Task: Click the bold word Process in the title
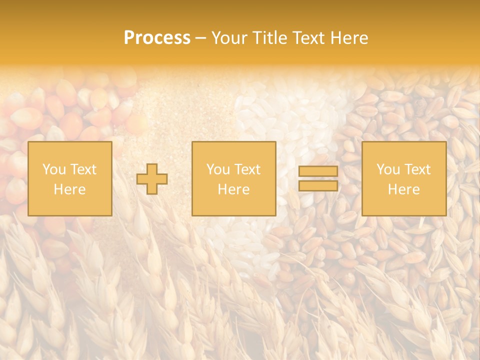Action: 157,38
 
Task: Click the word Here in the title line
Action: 351,38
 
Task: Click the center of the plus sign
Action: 152,179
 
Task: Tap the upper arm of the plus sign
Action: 152,168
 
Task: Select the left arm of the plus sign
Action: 142,179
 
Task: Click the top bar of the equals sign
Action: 318,171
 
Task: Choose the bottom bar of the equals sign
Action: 318,185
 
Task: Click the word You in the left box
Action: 53,169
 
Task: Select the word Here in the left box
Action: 69,189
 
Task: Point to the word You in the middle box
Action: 217,169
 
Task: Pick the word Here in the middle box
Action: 233,189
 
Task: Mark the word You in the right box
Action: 387,169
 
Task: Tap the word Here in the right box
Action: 403,189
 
